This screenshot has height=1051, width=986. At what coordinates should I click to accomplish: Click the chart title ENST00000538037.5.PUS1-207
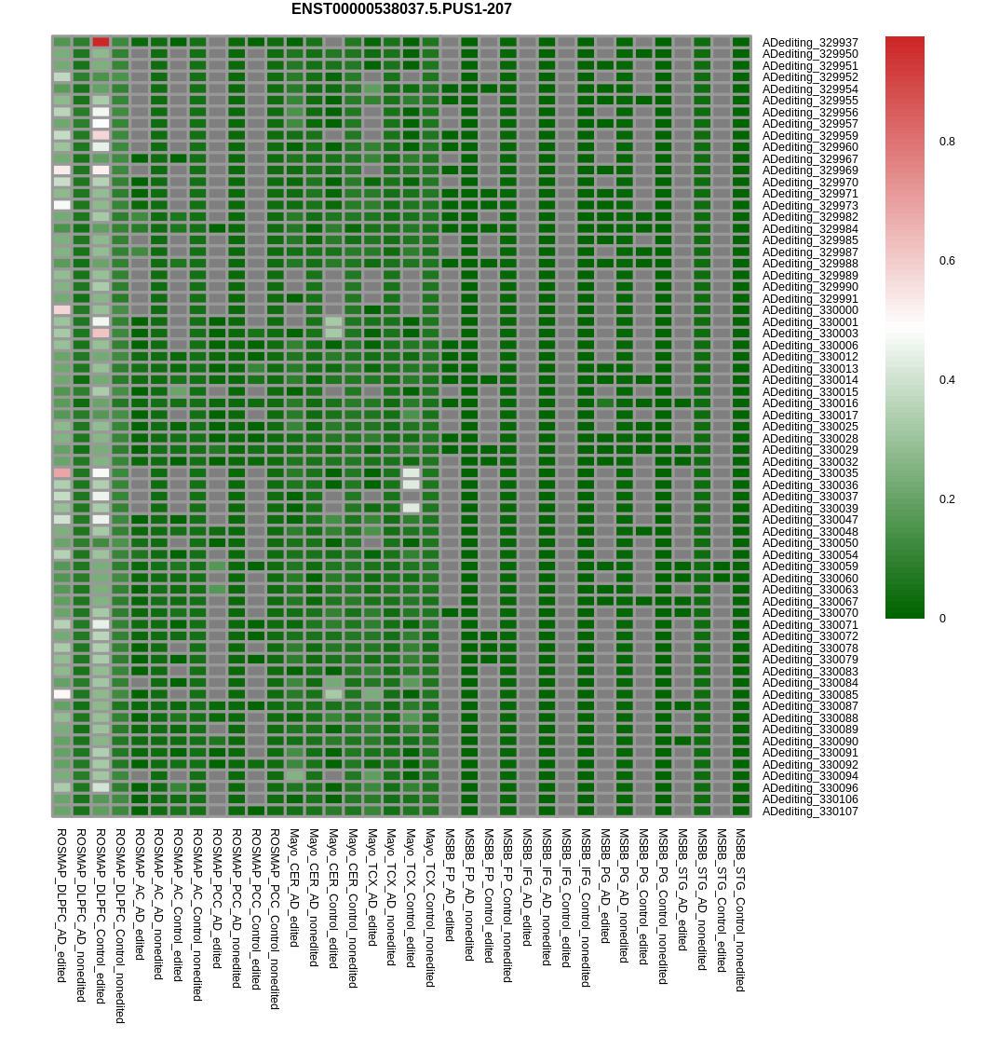pos(401,9)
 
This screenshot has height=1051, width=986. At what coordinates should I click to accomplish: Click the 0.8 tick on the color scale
pos(947,142)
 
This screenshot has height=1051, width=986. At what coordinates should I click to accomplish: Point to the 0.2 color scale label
pos(947,499)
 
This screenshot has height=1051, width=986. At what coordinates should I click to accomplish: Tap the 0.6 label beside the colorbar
pos(947,261)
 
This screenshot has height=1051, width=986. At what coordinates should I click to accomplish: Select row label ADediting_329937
pos(810,43)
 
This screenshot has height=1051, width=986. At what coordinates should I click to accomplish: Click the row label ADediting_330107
pos(810,812)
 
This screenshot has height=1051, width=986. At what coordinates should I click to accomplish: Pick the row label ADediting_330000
pos(810,310)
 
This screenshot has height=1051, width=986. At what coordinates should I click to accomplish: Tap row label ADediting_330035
pos(810,473)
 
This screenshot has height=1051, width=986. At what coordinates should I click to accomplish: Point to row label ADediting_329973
pos(810,206)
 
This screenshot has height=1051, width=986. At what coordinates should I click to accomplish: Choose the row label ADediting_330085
pos(810,695)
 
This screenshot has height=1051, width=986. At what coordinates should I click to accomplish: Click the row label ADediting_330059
pos(810,566)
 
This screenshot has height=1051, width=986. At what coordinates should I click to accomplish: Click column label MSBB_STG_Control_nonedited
pos(741,910)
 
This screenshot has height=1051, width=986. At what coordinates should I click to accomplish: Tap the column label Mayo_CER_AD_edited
pos(294,888)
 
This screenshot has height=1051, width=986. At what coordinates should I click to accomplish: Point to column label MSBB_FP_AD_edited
pos(450,885)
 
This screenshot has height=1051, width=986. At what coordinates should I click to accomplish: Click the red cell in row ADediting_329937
pos(101,42)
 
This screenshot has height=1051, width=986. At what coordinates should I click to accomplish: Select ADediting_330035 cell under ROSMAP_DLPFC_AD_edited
pos(61,473)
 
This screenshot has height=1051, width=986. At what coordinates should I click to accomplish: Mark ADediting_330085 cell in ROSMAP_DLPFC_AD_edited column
pos(61,694)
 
